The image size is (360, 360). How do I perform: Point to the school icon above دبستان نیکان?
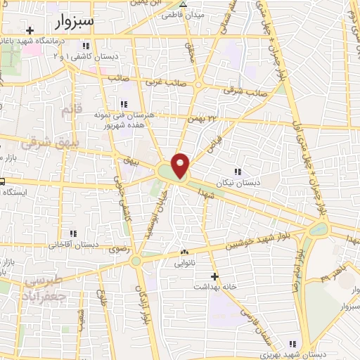[x=238, y=171]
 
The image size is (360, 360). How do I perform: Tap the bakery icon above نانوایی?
[x=184, y=252]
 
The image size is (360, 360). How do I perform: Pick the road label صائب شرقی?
[x=245, y=90]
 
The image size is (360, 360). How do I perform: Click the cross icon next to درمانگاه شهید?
[x=30, y=30]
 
